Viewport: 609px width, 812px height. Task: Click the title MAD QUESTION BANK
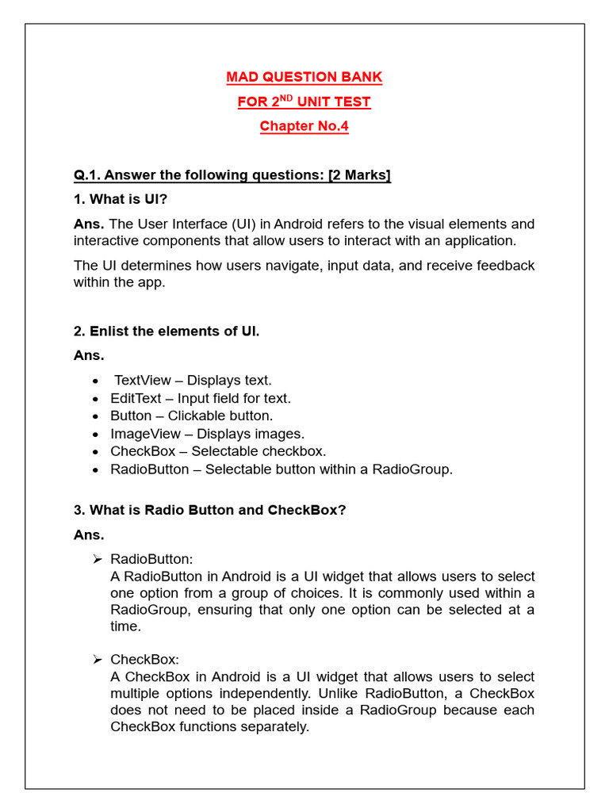click(x=304, y=77)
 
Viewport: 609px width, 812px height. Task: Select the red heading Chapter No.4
click(x=304, y=126)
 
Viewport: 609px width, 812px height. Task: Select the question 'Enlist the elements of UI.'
click(x=167, y=331)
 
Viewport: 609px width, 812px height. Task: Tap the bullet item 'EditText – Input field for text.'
click(x=201, y=398)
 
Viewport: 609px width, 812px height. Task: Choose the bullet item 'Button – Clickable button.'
click(x=191, y=416)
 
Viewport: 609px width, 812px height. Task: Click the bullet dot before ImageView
click(x=95, y=435)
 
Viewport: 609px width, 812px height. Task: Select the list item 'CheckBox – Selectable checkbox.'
click(x=218, y=451)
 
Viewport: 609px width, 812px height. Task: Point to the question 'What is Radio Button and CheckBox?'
click(x=210, y=510)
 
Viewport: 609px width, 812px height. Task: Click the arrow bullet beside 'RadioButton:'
click(x=97, y=560)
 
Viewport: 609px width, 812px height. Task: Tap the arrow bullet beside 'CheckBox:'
click(x=97, y=660)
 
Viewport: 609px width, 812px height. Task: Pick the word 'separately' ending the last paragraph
click(x=277, y=726)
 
